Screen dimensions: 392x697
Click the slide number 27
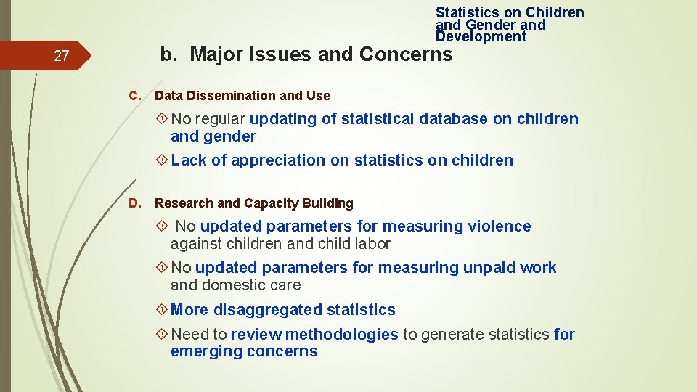(x=62, y=56)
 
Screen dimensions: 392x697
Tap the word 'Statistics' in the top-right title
(x=468, y=12)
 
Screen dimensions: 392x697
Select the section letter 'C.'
(x=134, y=96)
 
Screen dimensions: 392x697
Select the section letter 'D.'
(x=134, y=203)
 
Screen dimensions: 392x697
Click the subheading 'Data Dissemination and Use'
(x=242, y=96)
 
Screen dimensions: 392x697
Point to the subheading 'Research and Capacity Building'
(x=254, y=203)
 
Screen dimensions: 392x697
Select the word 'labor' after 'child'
(x=371, y=244)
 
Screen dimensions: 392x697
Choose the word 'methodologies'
(x=342, y=335)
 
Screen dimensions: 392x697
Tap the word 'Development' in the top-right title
(x=481, y=36)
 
